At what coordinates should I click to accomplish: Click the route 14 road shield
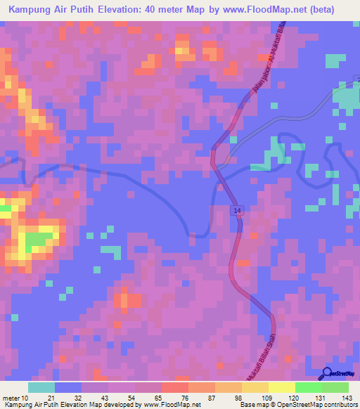pyautogui.click(x=238, y=210)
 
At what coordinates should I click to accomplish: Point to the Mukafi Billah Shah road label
pyautogui.click(x=262, y=359)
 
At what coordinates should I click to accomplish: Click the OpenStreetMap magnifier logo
pyautogui.click(x=327, y=373)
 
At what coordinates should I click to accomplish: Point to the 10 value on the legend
pyautogui.click(x=27, y=398)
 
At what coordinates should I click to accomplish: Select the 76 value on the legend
pyautogui.click(x=188, y=398)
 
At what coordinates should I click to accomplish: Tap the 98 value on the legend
pyautogui.click(x=241, y=398)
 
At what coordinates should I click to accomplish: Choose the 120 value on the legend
pyautogui.click(x=295, y=398)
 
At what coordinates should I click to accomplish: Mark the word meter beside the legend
pyautogui.click(x=11, y=398)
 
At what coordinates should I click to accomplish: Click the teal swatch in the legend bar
pyautogui.click(x=41, y=387)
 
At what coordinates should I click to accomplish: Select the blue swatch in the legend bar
pyautogui.click(x=68, y=387)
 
